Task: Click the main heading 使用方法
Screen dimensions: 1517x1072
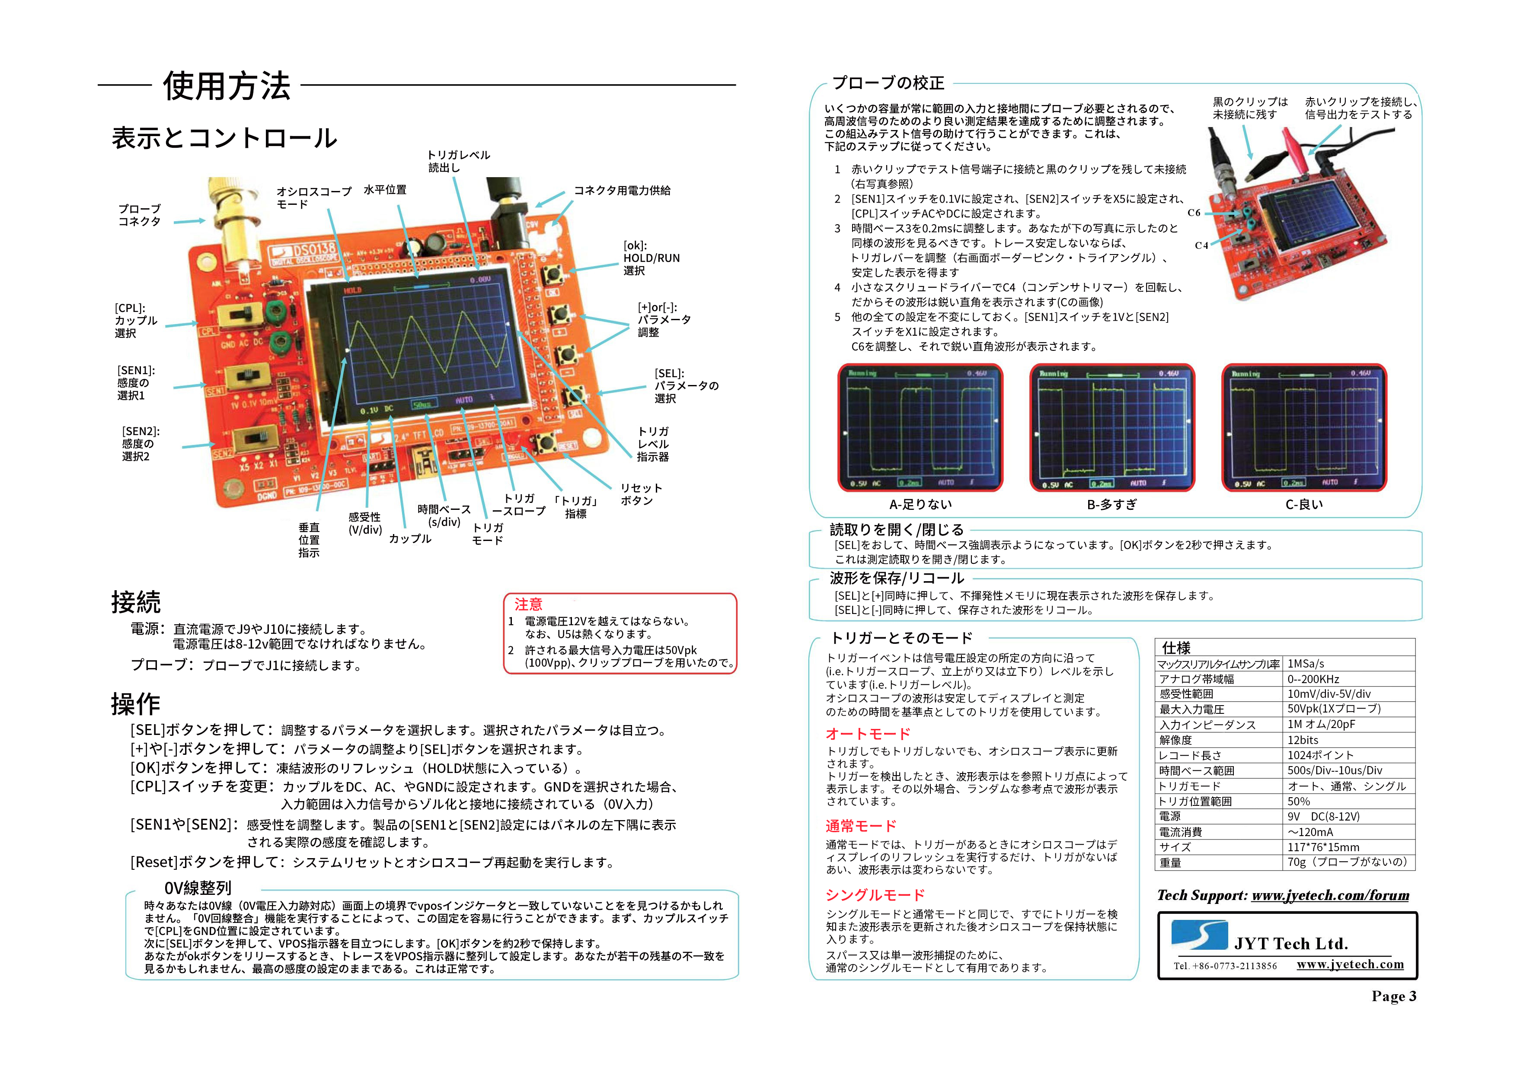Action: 227,86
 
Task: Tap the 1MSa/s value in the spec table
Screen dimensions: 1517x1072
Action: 1306,664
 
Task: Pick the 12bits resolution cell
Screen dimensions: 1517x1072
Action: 1302,740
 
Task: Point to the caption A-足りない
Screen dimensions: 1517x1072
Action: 920,505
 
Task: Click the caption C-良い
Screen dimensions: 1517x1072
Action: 1304,505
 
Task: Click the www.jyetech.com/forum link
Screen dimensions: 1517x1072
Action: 1330,896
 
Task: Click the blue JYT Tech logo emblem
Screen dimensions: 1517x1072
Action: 1199,935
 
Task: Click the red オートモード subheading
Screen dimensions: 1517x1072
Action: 868,734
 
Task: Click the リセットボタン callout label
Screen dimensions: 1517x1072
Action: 640,494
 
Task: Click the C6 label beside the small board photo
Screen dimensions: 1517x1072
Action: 1193,213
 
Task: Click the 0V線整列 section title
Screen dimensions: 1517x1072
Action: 198,888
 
